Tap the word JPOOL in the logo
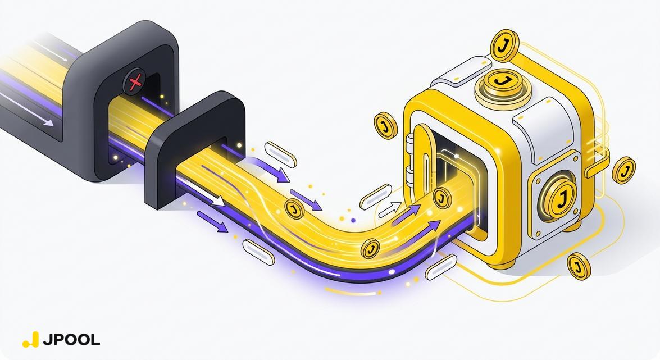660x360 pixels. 71,340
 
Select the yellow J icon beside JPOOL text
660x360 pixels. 30,339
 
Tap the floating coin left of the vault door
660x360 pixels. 385,125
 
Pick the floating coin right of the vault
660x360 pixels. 624,170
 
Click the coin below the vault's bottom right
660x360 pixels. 579,266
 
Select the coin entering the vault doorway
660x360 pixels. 441,198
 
